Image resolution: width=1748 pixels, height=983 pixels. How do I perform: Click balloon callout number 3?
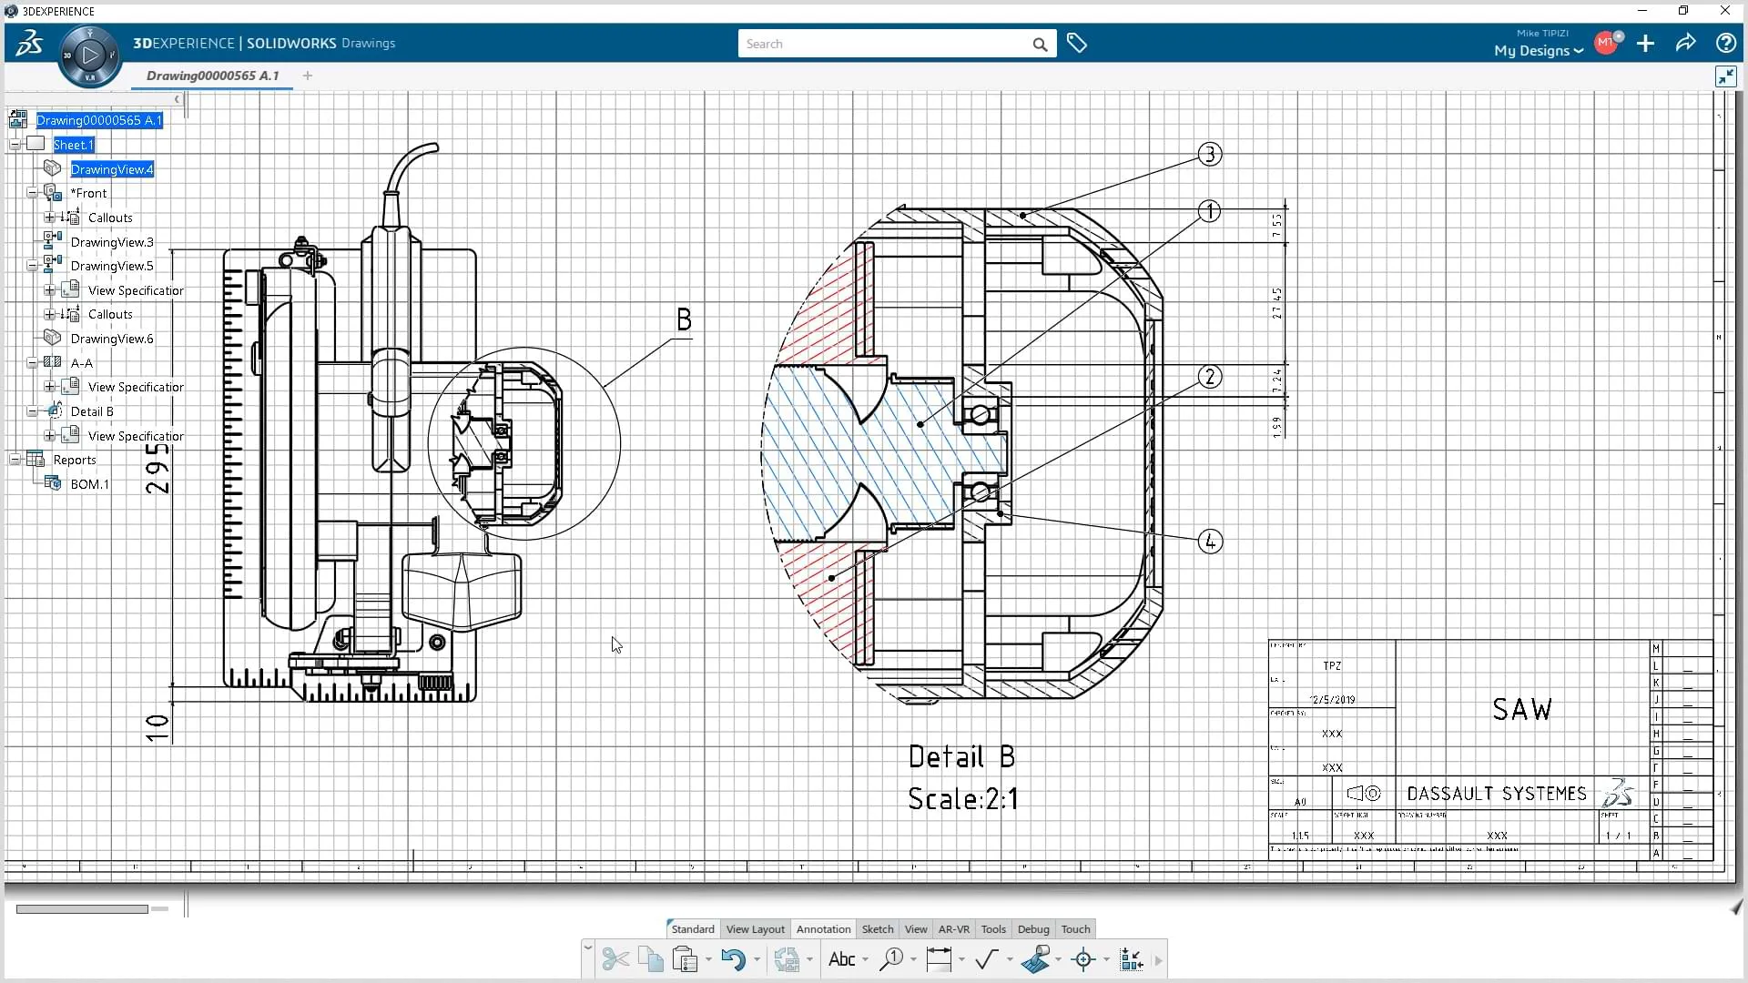coord(1209,155)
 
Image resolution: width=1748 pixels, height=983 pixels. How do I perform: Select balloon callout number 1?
coord(1209,212)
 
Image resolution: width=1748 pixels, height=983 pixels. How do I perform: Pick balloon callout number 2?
coord(1209,377)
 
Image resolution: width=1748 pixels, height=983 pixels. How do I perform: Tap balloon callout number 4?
coord(1209,542)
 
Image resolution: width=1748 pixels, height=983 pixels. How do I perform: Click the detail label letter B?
coord(684,319)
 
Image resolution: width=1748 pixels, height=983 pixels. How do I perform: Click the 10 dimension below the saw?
coord(158,727)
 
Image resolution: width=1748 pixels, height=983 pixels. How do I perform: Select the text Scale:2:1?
coord(962,799)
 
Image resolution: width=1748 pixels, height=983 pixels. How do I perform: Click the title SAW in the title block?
coord(1521,710)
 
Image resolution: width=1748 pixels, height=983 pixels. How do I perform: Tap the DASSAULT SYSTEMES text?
coord(1496,794)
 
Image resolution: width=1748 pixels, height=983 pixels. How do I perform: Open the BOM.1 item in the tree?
coord(89,484)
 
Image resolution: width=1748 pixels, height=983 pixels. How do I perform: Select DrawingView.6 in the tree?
coord(112,339)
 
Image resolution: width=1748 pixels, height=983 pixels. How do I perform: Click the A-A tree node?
coord(82,363)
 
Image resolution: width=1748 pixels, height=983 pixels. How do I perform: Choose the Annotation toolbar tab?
coord(823,929)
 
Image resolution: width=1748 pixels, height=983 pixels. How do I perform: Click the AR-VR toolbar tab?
coord(953,929)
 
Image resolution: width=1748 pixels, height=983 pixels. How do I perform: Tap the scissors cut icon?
coord(615,959)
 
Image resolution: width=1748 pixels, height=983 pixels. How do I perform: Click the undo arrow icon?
coord(732,959)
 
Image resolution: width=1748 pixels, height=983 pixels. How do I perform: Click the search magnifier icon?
coord(1040,45)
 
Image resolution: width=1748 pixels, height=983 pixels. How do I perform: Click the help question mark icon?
coord(1724,44)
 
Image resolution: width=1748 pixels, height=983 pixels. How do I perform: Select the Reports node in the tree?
coord(74,461)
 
